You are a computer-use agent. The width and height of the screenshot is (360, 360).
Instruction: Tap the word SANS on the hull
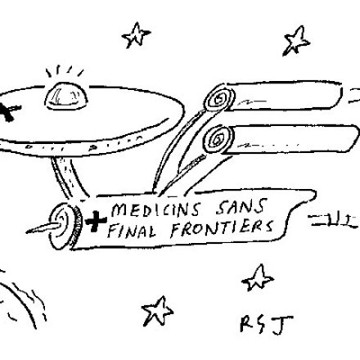(241, 206)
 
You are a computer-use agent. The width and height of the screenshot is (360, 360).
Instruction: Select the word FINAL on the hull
(132, 231)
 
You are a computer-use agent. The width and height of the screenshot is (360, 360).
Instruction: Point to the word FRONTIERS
(222, 227)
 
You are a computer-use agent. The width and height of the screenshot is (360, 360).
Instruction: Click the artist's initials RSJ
(266, 325)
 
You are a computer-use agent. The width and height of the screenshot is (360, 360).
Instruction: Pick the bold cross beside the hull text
(96, 221)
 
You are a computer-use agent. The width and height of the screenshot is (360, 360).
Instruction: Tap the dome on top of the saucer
(66, 96)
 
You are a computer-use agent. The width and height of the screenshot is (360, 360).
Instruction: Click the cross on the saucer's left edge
(8, 112)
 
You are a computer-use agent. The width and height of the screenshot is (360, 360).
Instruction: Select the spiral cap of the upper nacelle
(219, 98)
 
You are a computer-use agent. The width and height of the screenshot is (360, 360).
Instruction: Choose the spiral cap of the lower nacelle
(218, 140)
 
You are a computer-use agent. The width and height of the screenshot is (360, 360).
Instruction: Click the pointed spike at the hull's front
(43, 228)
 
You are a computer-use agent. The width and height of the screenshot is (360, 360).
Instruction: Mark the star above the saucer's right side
(136, 35)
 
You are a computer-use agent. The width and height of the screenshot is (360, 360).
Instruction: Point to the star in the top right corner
(296, 40)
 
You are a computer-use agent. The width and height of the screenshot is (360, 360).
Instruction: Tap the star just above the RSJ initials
(258, 278)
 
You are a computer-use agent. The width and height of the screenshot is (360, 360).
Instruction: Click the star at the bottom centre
(158, 312)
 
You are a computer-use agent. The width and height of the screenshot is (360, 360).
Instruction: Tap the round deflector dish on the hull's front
(63, 226)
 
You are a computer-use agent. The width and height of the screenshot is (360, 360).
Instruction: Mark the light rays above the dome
(65, 71)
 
